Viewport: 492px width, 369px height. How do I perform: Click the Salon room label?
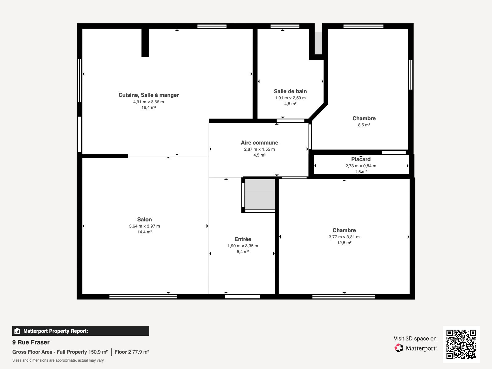144,220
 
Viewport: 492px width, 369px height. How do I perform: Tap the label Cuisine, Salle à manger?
149,95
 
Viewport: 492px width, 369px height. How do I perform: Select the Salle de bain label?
290,91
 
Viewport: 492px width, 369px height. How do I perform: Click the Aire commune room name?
259,143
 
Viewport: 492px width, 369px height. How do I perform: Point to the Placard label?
361,159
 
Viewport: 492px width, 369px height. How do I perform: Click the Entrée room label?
243,239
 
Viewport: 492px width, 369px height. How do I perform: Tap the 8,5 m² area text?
364,125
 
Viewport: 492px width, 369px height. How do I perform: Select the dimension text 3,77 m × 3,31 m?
344,237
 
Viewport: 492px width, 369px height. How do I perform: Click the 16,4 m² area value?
149,108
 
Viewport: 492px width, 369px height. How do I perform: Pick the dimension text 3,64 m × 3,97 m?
144,226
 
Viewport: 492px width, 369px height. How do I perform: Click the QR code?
461,344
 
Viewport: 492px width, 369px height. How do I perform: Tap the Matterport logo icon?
399,348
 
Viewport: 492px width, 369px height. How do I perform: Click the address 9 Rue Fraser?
31,342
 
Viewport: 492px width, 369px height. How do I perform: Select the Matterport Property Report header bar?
81,331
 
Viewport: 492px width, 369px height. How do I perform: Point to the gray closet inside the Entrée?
260,194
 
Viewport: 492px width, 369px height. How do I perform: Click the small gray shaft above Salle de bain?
319,43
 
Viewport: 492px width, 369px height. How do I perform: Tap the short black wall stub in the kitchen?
145,42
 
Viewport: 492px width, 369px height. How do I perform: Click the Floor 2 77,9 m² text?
132,352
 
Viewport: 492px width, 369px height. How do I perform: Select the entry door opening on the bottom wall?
242,297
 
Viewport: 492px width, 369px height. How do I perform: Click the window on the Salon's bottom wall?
143,297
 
